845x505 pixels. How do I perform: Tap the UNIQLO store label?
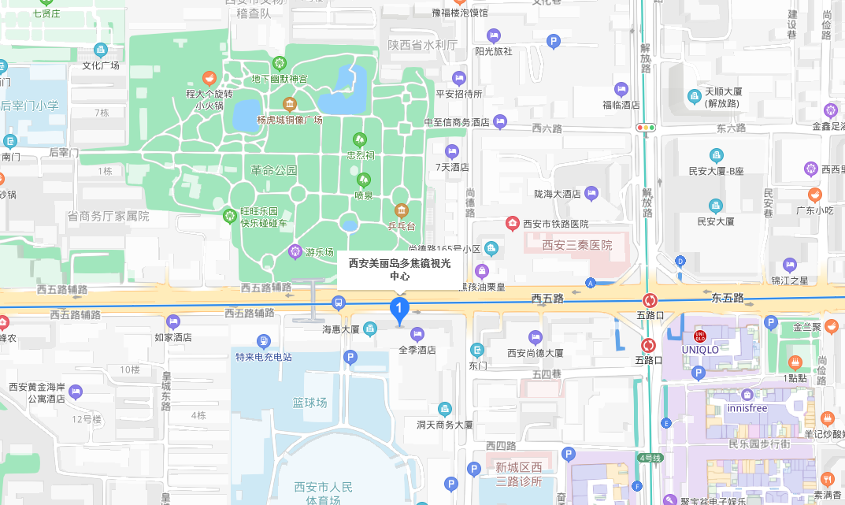coord(699,349)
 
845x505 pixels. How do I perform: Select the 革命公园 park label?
coord(274,170)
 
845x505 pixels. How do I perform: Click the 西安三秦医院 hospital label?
coord(576,245)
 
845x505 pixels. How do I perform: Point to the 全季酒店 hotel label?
coord(417,349)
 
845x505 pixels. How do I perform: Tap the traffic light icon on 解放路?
coord(646,126)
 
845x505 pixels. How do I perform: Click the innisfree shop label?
coord(747,408)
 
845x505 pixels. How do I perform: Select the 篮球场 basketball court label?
coord(309,403)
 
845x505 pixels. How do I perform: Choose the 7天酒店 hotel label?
coord(452,167)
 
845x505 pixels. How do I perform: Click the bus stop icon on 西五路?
coord(339,302)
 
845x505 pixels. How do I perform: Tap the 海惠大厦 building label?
coord(340,329)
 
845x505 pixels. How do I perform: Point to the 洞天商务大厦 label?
coord(445,424)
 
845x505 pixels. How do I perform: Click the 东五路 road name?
coord(727,298)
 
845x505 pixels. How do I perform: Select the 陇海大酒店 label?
coord(557,193)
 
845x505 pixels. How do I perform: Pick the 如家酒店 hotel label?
coord(173,337)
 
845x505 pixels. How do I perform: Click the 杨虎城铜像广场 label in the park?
coord(290,120)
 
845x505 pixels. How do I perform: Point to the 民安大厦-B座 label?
coord(716,170)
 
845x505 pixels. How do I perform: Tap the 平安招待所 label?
coord(459,93)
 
